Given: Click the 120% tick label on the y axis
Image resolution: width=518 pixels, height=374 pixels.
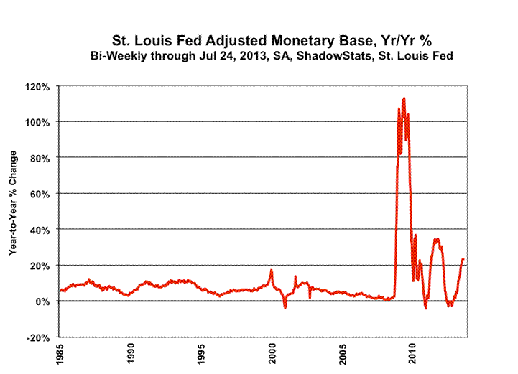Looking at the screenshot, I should point(38,86).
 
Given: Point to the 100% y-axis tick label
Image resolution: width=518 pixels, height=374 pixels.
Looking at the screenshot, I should point(38,122).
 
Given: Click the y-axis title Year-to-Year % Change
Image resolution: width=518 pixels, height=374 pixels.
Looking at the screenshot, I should point(13,212).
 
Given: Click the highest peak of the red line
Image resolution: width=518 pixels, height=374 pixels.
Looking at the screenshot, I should point(404,98).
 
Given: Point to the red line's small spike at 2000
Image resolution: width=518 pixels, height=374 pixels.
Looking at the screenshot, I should point(272,270).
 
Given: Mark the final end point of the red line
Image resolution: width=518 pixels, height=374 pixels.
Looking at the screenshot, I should point(463,258).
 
